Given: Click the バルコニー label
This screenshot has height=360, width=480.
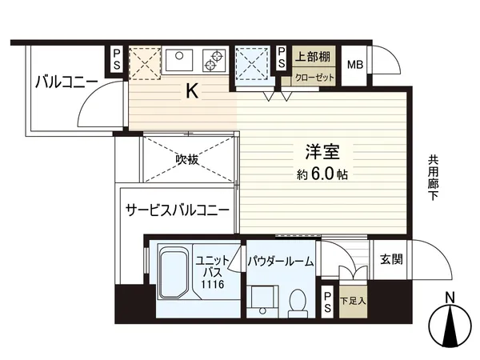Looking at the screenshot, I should (66, 82).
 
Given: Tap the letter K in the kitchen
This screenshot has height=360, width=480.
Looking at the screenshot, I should (192, 92).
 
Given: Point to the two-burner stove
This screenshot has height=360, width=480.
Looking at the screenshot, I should (215, 60).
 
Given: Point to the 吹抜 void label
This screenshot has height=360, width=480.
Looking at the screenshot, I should (187, 158).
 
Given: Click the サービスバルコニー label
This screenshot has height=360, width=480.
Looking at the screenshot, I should (177, 210).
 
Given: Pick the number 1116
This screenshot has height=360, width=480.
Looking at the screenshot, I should (212, 284).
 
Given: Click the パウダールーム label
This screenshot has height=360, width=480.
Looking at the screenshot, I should (279, 261).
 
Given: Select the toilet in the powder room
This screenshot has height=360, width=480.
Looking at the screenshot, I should (295, 300).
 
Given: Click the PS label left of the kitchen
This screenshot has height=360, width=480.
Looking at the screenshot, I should (117, 60).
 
